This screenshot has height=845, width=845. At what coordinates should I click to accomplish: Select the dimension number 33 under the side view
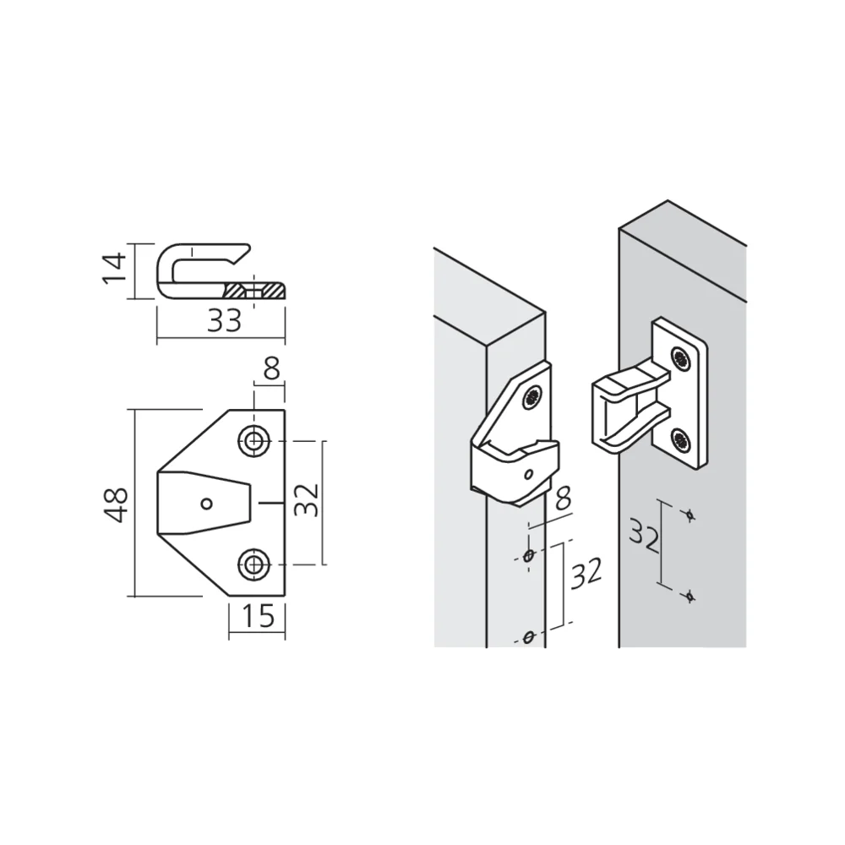pos(224,320)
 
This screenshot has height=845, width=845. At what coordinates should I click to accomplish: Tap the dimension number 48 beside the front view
pos(117,504)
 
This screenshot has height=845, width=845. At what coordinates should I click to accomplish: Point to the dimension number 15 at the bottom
pos(258,617)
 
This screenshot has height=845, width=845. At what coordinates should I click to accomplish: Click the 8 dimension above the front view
pos(271,369)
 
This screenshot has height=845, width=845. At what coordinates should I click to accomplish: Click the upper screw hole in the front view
pos(254,439)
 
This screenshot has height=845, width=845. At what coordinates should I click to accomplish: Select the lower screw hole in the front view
pos(254,564)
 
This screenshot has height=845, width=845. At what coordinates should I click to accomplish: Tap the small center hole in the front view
pos(206,504)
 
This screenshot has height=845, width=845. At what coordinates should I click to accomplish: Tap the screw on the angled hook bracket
pos(532,396)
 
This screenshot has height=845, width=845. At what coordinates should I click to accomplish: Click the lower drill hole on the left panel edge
pos(529,636)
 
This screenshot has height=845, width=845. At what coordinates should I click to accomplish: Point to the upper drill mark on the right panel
pos(690,515)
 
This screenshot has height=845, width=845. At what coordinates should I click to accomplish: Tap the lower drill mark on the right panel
pos(690,597)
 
